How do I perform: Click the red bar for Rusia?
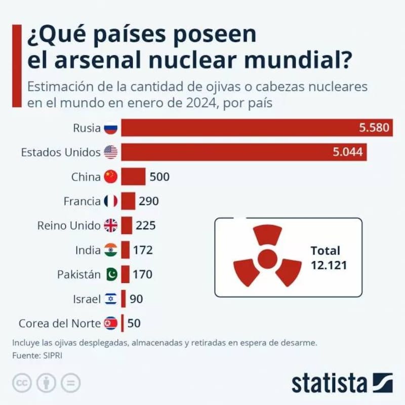238,128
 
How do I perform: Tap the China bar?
133,177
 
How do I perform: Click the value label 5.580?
374,128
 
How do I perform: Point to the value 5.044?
348,152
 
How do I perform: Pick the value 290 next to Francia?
149,201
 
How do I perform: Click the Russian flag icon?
110,128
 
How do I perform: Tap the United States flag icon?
110,152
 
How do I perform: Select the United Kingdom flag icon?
110,225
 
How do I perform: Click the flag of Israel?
110,299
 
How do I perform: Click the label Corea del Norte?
59,323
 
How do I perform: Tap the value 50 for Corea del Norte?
134,323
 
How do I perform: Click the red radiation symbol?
267,258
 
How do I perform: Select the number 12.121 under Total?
329,265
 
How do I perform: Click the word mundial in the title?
302,61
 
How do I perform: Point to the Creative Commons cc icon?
21,383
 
